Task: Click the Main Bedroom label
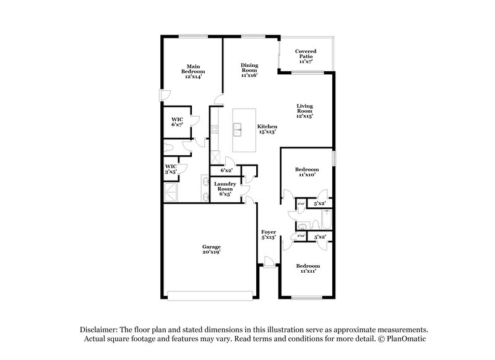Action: pyautogui.click(x=193, y=72)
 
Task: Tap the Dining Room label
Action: pyautogui.click(x=249, y=70)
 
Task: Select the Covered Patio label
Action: pyautogui.click(x=306, y=56)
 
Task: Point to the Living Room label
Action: pyautogui.click(x=304, y=111)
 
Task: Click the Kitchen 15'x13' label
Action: pyautogui.click(x=267, y=129)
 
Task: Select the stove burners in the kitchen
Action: pyautogui.click(x=215, y=129)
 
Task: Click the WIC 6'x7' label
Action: pyautogui.click(x=177, y=121)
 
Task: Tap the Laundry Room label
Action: pyautogui.click(x=224, y=189)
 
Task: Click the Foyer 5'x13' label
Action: pyautogui.click(x=269, y=234)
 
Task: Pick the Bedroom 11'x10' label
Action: pyautogui.click(x=307, y=173)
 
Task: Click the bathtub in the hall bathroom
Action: pyautogui.click(x=325, y=220)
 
